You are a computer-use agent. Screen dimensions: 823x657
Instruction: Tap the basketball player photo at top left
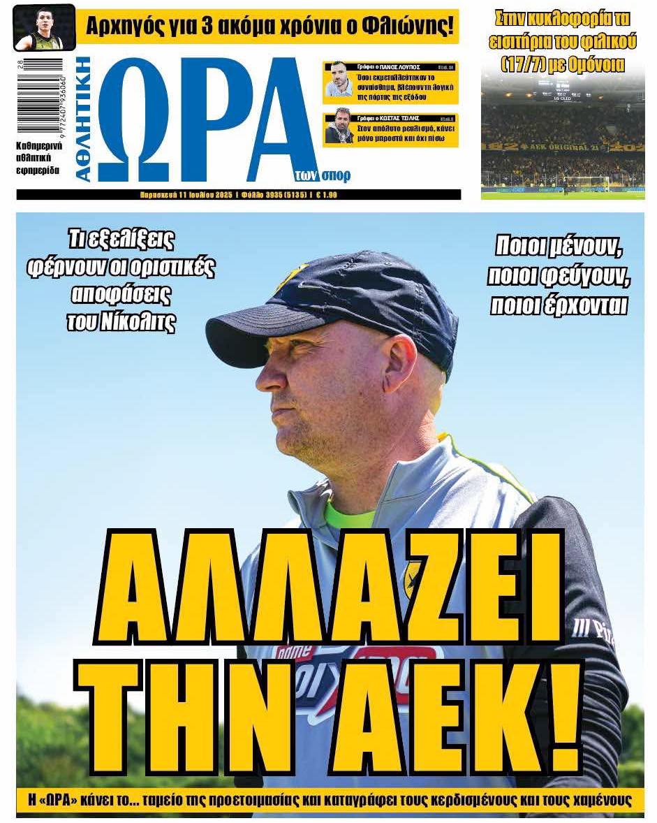point(43,28)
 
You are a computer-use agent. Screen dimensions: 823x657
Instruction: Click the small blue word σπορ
point(337,175)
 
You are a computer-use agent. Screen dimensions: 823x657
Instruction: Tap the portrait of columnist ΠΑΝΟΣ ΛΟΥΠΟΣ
point(339,83)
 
